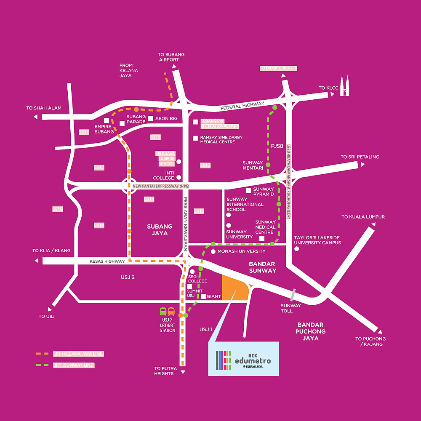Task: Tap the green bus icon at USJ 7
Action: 163,312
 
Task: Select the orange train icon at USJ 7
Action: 171,312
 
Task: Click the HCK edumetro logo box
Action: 244,358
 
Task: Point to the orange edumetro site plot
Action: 234,289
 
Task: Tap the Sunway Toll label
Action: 291,309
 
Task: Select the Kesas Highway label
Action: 107,261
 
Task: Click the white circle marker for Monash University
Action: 213,252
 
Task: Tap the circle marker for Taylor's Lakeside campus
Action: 297,249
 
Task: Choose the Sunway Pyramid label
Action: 264,192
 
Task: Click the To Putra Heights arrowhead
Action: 183,373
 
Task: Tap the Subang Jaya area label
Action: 157,229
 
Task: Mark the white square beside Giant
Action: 203,296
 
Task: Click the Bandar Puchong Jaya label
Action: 311,331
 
